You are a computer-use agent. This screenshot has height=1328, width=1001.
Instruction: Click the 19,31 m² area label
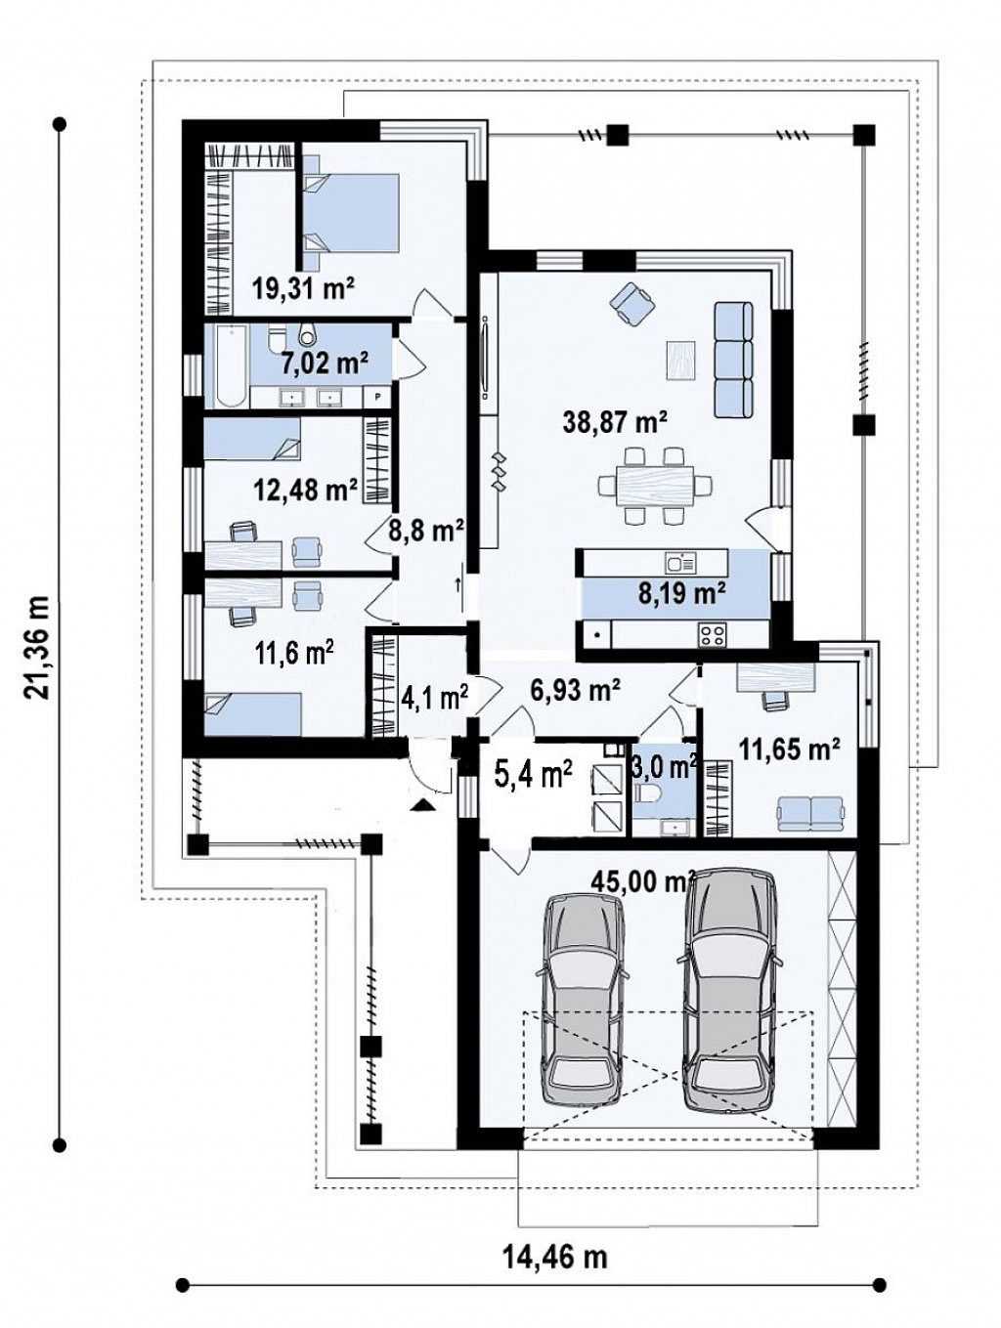point(304,289)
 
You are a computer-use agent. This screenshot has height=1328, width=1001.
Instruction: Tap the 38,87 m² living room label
point(614,422)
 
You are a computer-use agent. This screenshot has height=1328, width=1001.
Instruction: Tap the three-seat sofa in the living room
point(733,360)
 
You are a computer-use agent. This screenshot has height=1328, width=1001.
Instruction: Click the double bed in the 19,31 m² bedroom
point(351,212)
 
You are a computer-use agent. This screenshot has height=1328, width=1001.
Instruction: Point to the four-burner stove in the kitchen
point(712,633)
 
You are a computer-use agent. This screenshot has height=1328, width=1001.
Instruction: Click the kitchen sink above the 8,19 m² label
point(680,563)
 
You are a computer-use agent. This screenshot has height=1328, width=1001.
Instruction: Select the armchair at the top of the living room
point(632,304)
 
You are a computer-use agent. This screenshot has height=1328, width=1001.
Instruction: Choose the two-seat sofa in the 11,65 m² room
point(809,812)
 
